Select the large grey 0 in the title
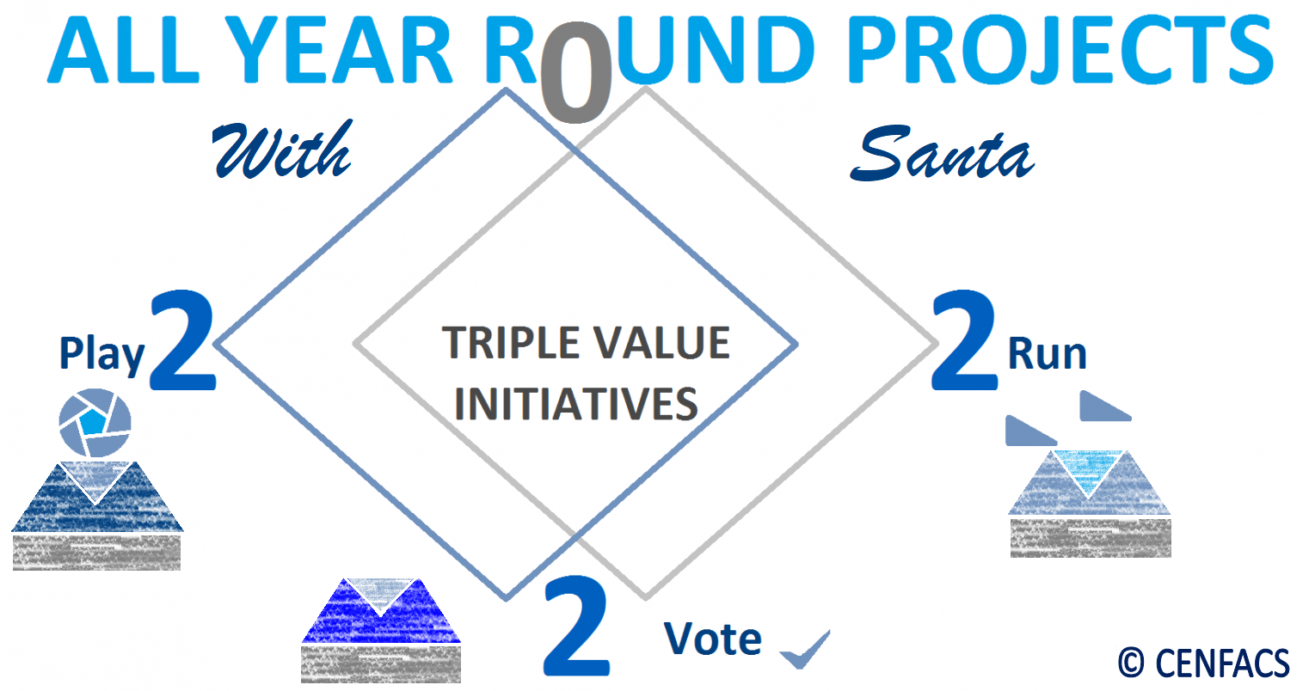pos(576,72)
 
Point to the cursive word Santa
pos(942,153)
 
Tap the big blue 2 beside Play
pos(183,340)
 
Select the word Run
pos(1048,353)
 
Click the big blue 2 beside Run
pos(964,340)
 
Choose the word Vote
pos(713,639)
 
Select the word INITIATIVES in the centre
pos(576,403)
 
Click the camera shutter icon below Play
pos(95,422)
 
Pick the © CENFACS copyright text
pos(1204,663)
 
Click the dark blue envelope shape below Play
pos(97,498)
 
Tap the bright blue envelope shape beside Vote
pos(381,611)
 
